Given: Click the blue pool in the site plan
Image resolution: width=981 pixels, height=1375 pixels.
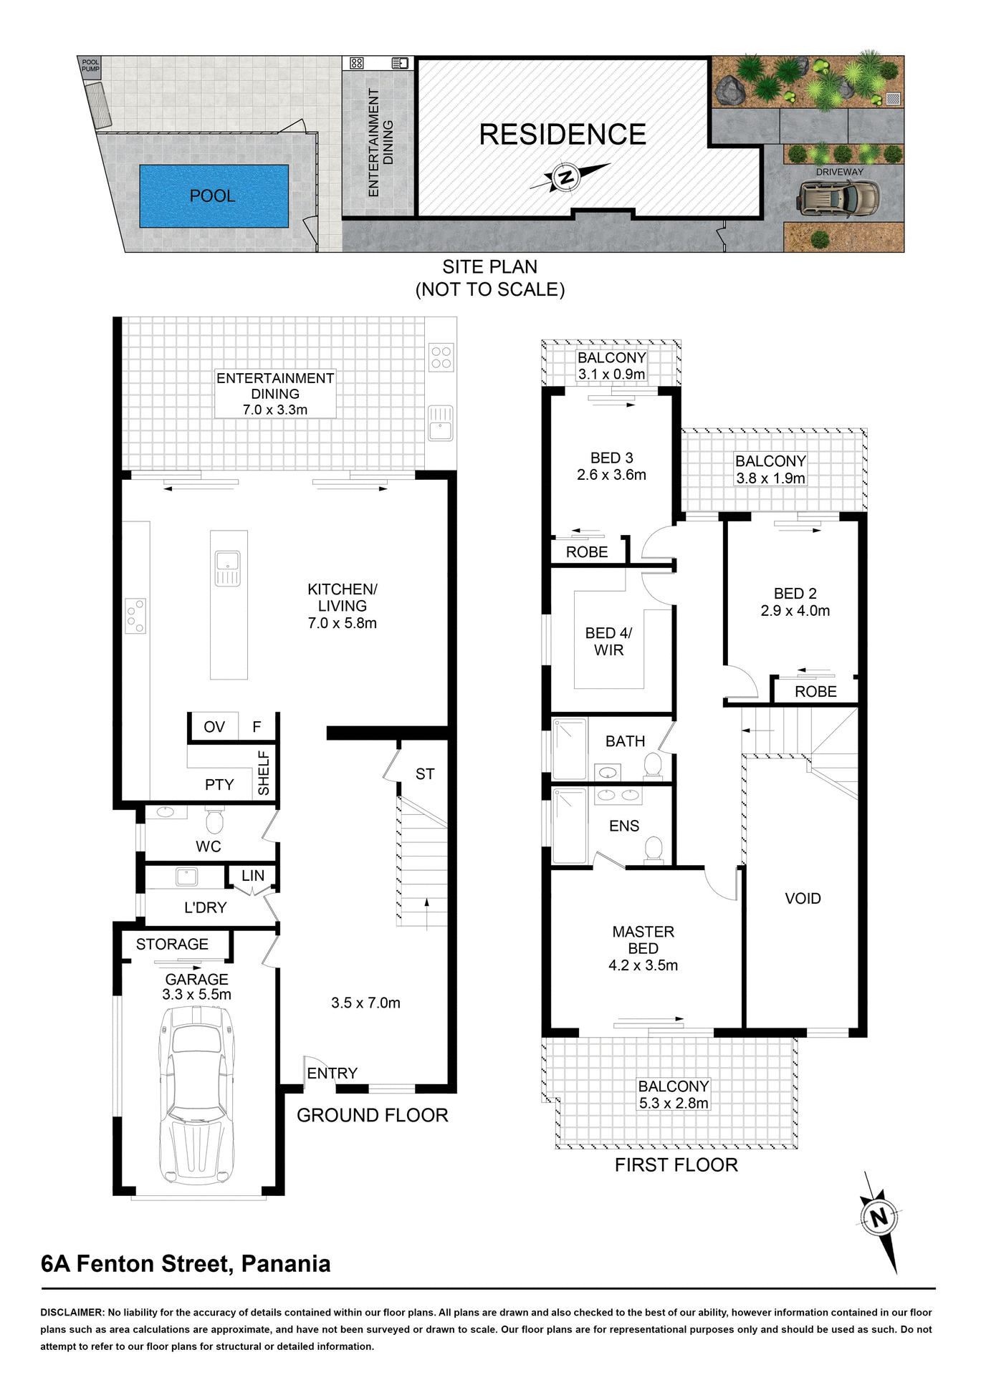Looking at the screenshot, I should (x=214, y=196).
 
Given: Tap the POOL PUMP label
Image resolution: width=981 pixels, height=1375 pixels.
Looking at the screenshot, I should (x=90, y=65).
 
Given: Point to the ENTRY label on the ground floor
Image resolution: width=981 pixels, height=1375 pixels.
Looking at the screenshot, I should (x=332, y=1073).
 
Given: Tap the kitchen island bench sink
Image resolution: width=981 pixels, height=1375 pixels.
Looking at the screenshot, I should (x=228, y=568).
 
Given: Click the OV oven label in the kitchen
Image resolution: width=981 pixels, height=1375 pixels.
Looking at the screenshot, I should (x=214, y=727).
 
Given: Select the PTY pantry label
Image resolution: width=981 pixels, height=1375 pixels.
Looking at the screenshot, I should (x=219, y=784).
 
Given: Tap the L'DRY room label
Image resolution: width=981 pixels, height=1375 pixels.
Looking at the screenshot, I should (x=205, y=907).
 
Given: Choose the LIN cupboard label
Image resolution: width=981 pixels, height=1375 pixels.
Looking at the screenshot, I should (x=253, y=875).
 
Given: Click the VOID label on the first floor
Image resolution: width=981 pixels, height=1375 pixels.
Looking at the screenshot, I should (x=803, y=898).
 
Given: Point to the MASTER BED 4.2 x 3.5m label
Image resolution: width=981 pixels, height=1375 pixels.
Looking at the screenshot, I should (x=643, y=948).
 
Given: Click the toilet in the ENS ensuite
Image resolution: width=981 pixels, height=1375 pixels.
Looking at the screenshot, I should (x=653, y=849).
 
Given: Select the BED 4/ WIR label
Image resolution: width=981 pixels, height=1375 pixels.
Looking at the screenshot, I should (x=608, y=641).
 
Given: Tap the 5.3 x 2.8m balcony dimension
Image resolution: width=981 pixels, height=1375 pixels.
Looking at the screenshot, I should (x=673, y=1104).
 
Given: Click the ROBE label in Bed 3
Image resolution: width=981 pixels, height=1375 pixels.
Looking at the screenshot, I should (x=587, y=551).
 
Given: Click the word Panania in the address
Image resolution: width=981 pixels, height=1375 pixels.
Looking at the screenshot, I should (x=285, y=1264).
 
